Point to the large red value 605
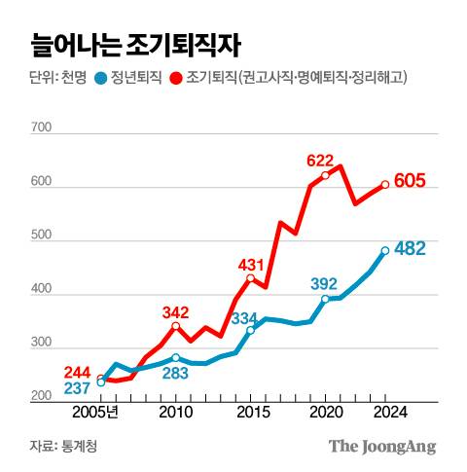tap(424, 182)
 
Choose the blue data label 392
tap(324, 283)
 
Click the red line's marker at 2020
tap(325, 176)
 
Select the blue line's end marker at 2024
tap(385, 250)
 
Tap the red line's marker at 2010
tap(175, 326)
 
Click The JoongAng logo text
tap(381, 447)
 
